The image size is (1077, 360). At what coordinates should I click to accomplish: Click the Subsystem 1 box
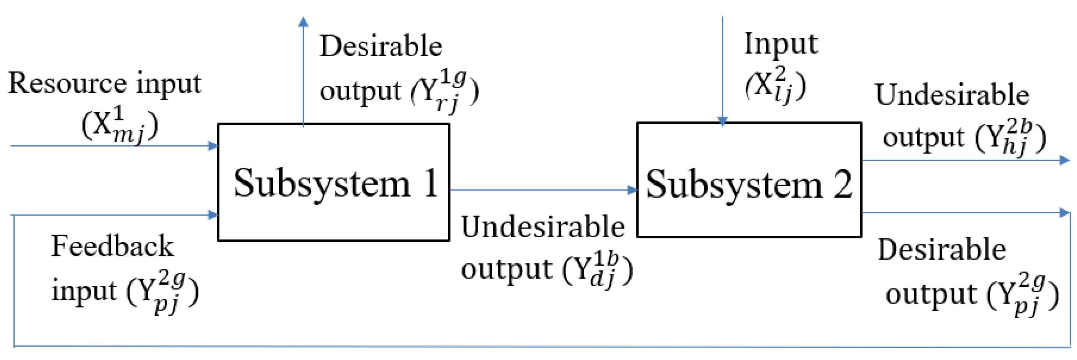[333, 182]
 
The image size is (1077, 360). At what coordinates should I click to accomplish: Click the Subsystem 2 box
[748, 180]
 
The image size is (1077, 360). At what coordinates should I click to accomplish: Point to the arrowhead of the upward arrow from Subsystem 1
[303, 22]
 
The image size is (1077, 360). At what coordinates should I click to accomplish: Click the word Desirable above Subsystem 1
[380, 46]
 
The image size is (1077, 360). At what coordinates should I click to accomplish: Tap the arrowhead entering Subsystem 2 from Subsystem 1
[632, 190]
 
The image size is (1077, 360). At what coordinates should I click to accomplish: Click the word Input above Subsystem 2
[781, 44]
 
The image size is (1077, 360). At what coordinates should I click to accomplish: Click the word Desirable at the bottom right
[942, 250]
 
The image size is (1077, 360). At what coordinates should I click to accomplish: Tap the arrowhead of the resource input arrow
[213, 146]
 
